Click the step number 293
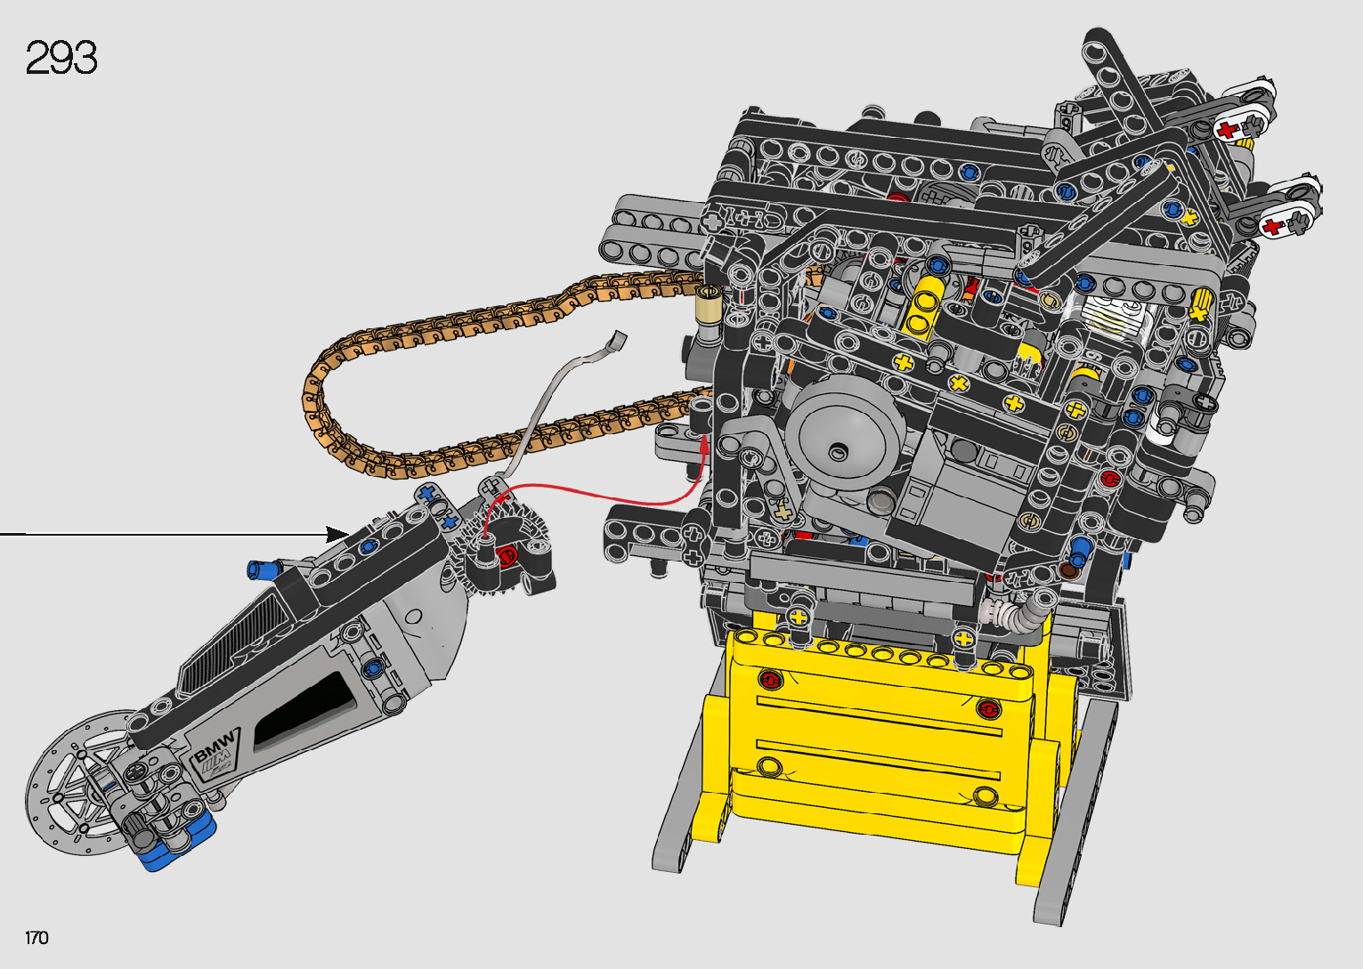pyautogui.click(x=61, y=58)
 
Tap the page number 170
pyautogui.click(x=37, y=937)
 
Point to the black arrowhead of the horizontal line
pyautogui.click(x=337, y=535)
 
